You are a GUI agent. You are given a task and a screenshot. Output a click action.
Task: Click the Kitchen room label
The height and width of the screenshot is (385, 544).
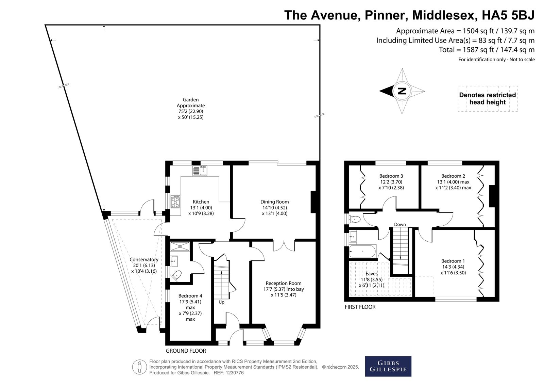[x=201, y=202]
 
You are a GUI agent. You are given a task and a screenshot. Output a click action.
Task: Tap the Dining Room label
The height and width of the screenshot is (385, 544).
[x=274, y=202]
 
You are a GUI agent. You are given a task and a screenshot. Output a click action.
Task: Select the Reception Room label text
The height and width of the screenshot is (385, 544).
[x=284, y=283]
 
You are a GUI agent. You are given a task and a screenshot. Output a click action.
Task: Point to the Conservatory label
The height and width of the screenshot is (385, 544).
[x=144, y=259]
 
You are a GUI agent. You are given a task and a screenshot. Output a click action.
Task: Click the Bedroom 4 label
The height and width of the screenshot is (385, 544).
[x=190, y=296]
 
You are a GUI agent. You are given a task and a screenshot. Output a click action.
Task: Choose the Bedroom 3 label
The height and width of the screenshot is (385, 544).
[x=391, y=176]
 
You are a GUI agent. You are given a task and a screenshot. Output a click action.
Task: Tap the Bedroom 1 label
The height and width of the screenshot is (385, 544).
[x=453, y=261]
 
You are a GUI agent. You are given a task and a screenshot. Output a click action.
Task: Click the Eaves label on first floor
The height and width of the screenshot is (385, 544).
[x=371, y=274]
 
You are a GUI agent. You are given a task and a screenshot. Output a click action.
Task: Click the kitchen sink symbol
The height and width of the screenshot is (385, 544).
[x=200, y=171]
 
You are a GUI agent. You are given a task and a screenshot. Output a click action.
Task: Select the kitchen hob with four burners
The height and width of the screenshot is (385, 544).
[x=175, y=202]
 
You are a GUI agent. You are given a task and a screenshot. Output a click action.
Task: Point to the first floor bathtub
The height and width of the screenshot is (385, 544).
[x=362, y=251]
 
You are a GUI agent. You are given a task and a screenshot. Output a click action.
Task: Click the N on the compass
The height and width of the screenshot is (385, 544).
[x=402, y=91]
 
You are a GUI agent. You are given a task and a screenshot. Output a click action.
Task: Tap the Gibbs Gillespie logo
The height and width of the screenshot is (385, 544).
[x=388, y=366]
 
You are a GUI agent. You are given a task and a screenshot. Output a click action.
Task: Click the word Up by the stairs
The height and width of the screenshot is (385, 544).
[x=221, y=302]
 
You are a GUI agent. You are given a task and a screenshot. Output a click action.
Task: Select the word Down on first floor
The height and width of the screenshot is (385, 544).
[x=400, y=224]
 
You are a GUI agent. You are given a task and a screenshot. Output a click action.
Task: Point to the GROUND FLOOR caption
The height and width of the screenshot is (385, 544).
[x=186, y=351]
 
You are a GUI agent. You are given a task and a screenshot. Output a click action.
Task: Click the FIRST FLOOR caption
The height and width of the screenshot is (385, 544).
[x=360, y=307]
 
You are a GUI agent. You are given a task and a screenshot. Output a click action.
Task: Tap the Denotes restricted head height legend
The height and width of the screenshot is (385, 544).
[x=488, y=98]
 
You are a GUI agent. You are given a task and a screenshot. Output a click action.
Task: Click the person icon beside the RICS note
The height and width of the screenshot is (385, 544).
[x=139, y=367]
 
